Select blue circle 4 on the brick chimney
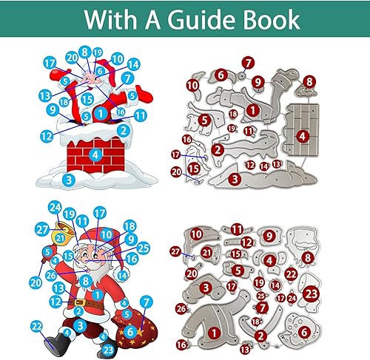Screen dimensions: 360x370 tap(94, 154)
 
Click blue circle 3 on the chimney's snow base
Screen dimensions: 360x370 tap(69, 179)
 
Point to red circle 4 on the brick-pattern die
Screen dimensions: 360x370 tap(303, 136)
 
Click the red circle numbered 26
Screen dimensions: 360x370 tap(181, 308)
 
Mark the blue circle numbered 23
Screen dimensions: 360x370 tap(109, 350)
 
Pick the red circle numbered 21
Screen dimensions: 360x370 tap(209, 253)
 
